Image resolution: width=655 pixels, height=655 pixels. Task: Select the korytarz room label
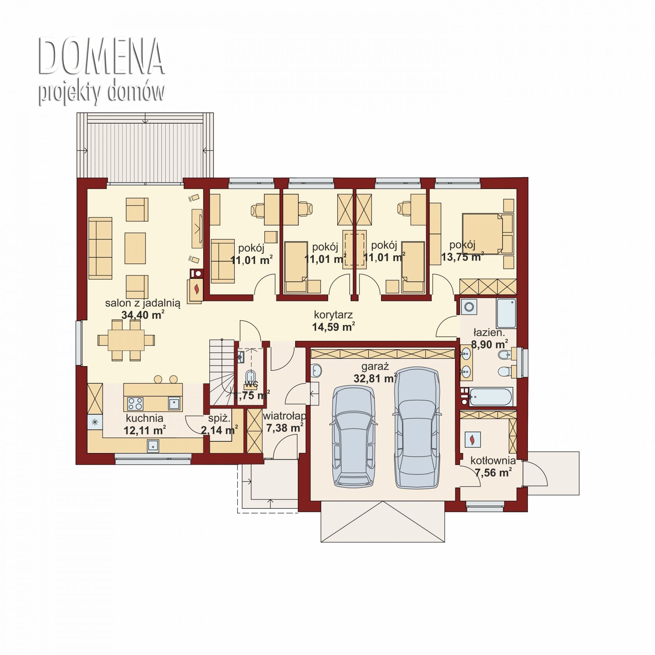click(x=333, y=314)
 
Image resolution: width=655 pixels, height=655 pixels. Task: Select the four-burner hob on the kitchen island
click(x=135, y=403)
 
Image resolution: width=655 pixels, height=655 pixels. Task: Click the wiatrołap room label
click(x=284, y=416)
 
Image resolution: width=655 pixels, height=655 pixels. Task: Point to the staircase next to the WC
click(x=221, y=372)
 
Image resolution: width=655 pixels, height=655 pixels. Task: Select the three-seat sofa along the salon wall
click(x=100, y=248)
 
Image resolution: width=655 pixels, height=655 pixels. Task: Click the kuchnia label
click(x=144, y=418)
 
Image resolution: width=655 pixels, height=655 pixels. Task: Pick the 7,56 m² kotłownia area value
click(x=493, y=473)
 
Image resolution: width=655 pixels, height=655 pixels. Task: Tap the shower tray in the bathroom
click(x=506, y=313)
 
